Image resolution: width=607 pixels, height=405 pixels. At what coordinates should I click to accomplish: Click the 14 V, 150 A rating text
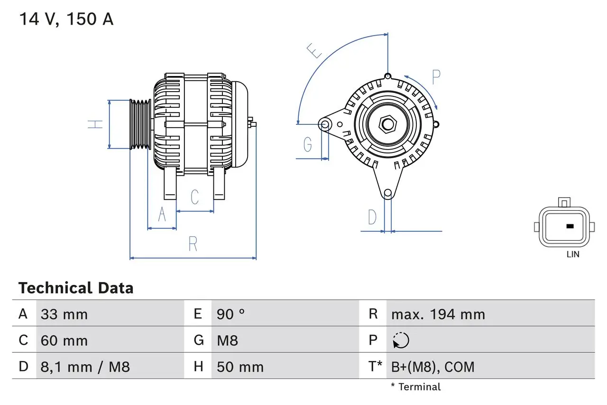(66, 19)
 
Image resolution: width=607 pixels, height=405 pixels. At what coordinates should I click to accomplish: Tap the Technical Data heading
(76, 288)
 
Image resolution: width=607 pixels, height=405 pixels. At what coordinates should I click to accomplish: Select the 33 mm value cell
(64, 314)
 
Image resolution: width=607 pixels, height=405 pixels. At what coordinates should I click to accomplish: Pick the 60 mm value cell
(64, 340)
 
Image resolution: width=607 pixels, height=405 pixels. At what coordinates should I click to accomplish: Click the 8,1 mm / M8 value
(85, 367)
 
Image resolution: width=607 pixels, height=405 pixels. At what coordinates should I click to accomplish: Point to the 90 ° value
(231, 314)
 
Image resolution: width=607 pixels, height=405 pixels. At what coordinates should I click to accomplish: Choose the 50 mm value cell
(240, 367)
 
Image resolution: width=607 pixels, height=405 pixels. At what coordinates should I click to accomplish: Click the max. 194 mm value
(438, 314)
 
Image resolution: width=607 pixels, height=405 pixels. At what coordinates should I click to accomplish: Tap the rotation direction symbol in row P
(401, 340)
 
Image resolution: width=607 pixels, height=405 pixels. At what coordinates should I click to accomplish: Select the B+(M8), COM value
(432, 367)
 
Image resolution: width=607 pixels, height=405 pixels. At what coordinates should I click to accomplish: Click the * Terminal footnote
(415, 387)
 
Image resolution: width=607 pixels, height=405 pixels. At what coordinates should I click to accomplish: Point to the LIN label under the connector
(573, 254)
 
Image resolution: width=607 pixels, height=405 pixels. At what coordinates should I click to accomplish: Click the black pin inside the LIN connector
(570, 226)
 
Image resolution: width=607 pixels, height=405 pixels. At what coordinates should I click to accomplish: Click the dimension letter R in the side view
(193, 244)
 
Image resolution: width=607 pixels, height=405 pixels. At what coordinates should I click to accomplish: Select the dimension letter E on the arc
(314, 51)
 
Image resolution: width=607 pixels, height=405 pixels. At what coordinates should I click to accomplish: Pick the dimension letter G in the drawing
(308, 144)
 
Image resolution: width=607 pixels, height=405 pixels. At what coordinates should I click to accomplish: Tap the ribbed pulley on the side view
(140, 124)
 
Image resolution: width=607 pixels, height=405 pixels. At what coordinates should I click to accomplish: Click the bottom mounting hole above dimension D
(388, 193)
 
